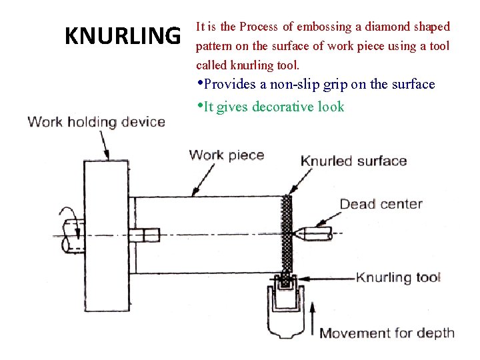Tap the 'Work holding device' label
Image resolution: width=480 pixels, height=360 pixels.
[96, 121]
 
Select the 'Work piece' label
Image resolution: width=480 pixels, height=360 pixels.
[227, 155]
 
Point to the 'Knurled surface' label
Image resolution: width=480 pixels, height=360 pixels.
[353, 161]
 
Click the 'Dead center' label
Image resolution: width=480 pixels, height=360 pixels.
[381, 204]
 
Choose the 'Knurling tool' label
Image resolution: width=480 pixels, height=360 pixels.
[399, 277]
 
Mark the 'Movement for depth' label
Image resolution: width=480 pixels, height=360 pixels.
[387, 333]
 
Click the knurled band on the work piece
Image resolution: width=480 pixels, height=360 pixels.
[289, 233]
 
